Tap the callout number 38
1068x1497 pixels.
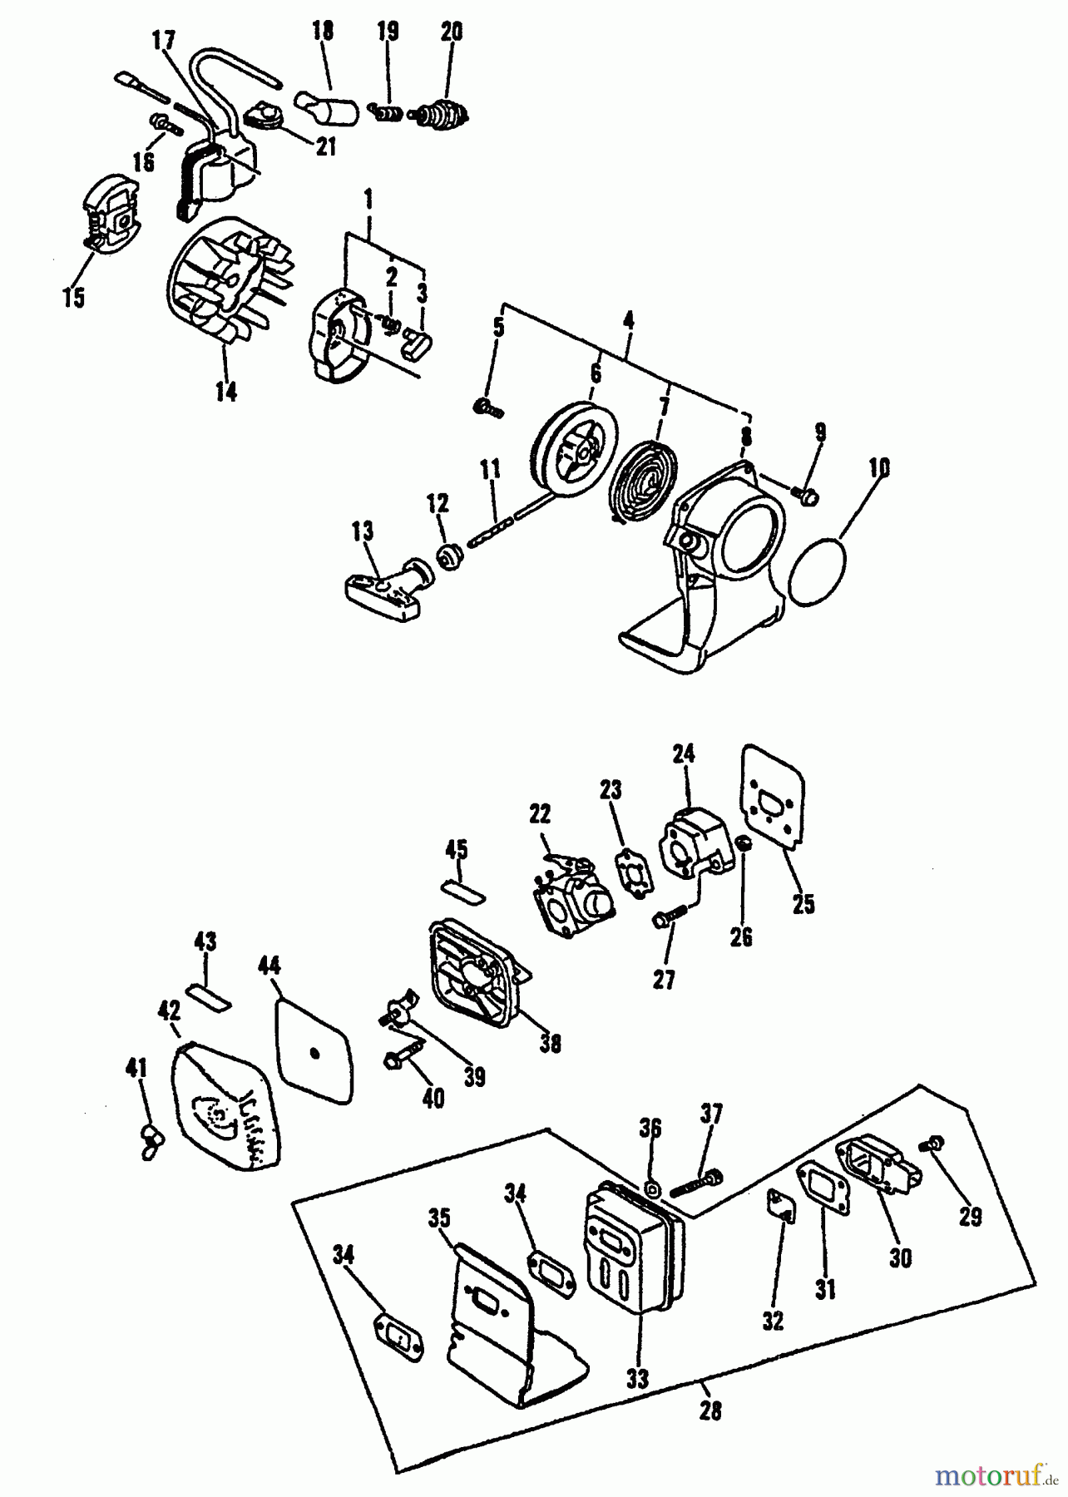pos(550,1043)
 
